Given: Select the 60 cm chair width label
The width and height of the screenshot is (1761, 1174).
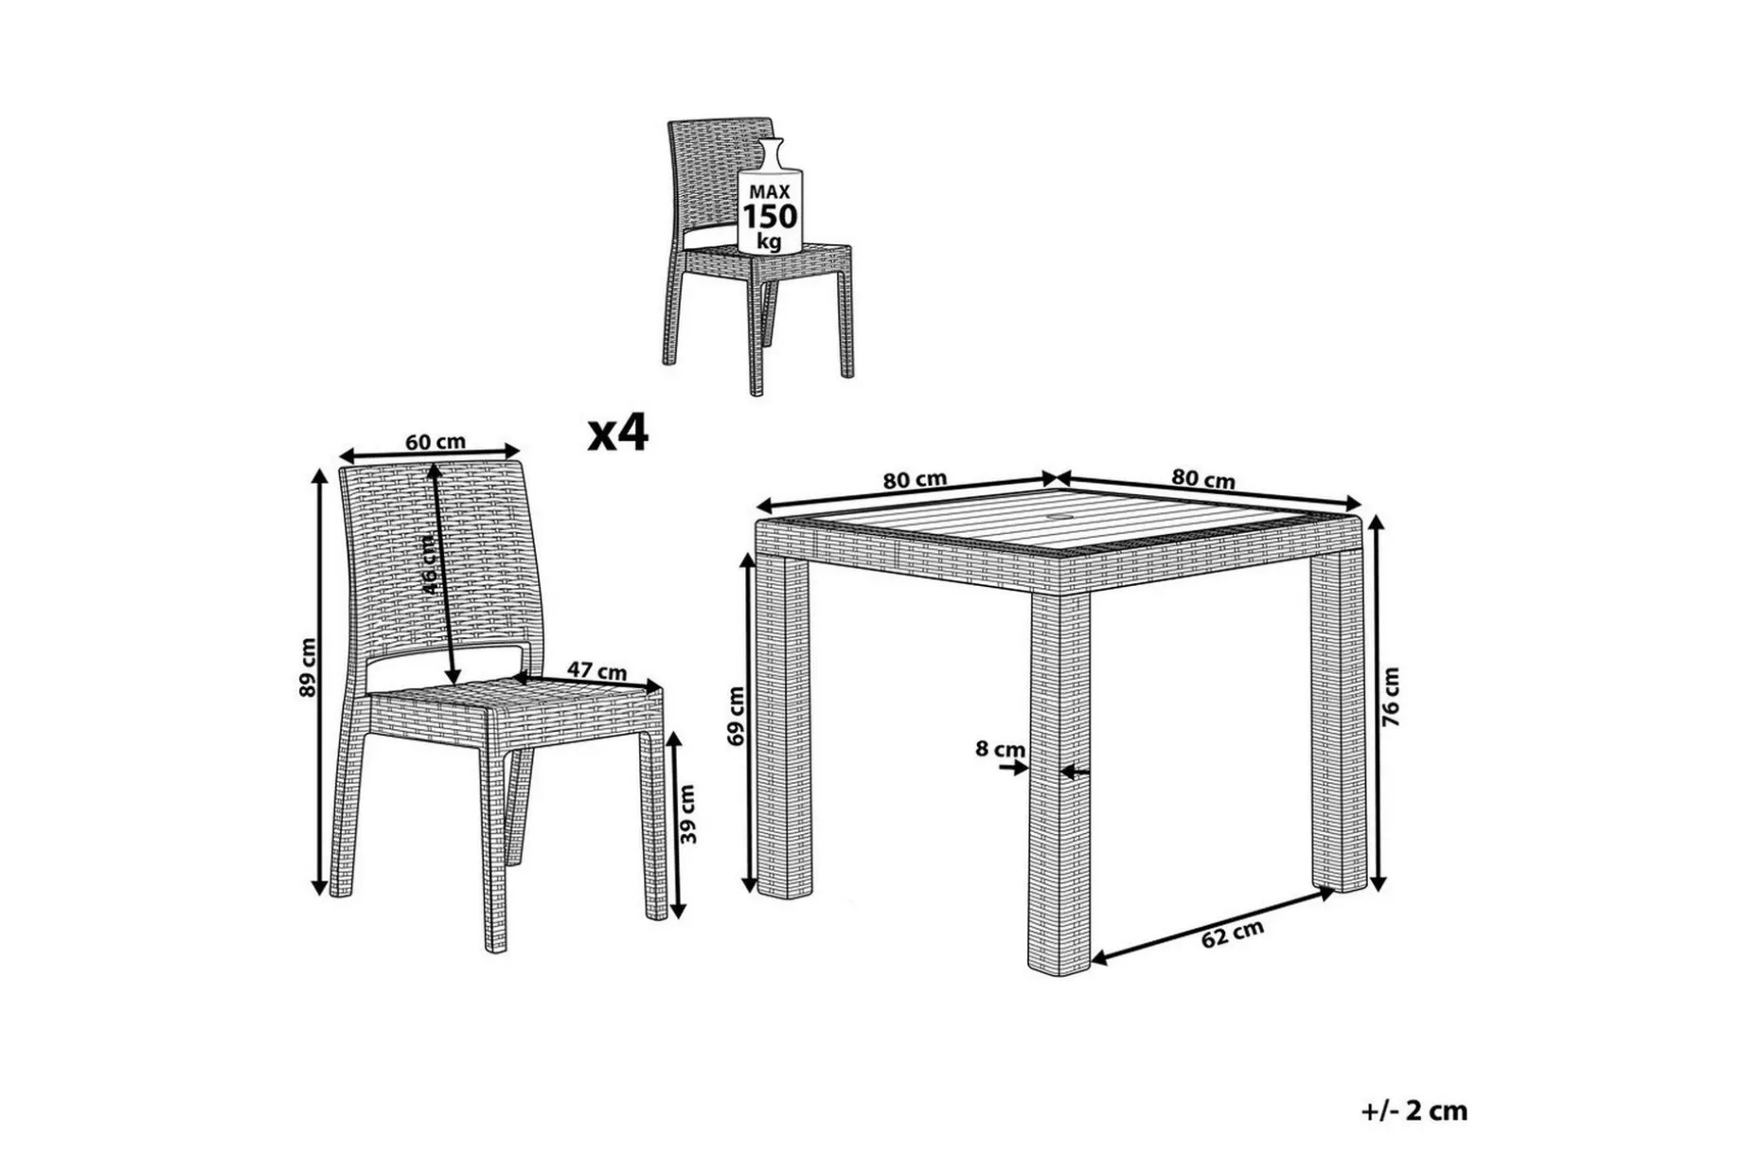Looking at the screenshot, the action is click(x=436, y=441).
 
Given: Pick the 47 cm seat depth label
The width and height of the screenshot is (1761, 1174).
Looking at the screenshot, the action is click(x=596, y=670).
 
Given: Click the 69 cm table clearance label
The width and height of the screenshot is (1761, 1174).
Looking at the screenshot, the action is click(x=738, y=716).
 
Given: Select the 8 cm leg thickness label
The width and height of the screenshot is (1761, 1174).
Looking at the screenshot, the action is click(x=1000, y=749).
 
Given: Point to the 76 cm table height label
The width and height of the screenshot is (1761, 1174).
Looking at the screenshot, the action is click(x=1391, y=697).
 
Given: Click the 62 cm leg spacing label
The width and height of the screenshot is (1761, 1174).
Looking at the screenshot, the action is click(x=1233, y=934).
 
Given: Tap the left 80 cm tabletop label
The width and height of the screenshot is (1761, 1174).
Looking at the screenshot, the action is click(x=915, y=479).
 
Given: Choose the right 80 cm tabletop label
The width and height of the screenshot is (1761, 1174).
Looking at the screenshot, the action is click(x=1202, y=479).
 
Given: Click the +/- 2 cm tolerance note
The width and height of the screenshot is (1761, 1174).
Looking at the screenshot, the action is click(x=1414, y=1110).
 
